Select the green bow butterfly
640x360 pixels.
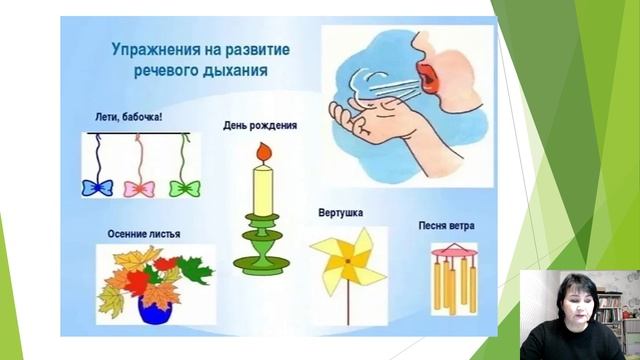point(184,188)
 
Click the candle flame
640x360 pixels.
point(263,152)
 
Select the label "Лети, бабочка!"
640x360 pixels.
point(125,118)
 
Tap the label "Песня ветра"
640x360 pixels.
point(447,226)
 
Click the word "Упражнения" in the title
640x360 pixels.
point(148,47)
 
